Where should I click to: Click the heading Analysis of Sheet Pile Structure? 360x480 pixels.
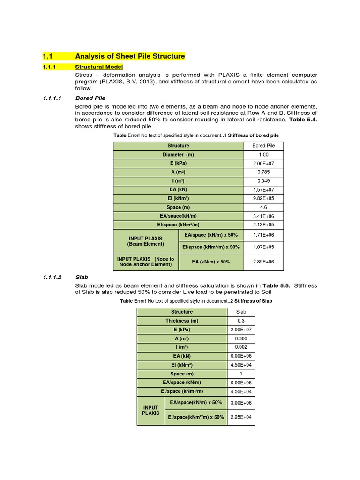[130, 56]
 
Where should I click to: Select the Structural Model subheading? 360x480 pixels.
[99, 67]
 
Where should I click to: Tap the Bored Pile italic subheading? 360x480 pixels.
[90, 98]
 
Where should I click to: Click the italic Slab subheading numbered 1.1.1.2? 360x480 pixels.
[82, 277]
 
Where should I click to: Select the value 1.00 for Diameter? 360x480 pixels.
[263, 154]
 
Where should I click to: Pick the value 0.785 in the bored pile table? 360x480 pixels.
[263, 172]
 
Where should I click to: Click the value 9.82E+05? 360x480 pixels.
[263, 198]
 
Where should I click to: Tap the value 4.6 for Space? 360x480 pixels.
[263, 207]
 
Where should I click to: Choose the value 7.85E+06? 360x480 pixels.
[263, 262]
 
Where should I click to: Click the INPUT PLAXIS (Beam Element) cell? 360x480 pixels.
[146, 241]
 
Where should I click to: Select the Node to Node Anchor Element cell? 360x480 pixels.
[146, 262]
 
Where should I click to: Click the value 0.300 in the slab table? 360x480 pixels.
[241, 338]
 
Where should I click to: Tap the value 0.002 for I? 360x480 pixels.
[241, 347]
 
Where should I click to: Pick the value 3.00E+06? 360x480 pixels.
[241, 403]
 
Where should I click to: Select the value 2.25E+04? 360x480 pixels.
[241, 417]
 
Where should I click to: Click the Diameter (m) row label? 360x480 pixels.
[178, 154]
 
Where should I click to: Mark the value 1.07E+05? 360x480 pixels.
[263, 247]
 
